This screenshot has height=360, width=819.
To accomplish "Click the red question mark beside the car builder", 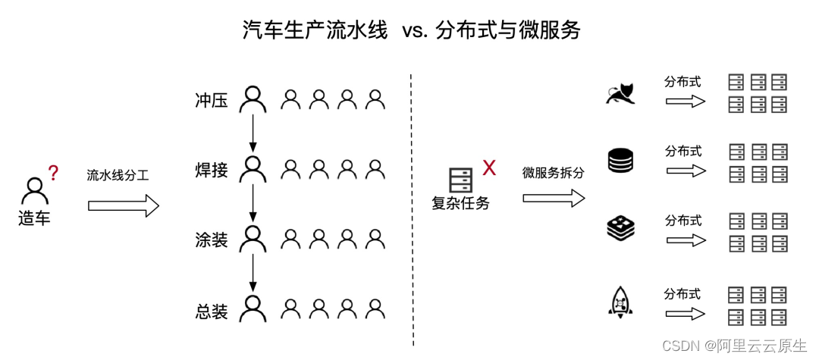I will coord(53,174).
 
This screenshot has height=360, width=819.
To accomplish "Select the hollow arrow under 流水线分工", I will coord(123,205).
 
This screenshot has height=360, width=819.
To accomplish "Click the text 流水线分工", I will coord(118,176).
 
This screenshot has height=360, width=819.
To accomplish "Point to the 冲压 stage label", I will coord(211,101).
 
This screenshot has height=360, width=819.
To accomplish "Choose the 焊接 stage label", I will coord(211,171).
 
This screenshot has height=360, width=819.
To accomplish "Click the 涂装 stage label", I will coord(211,241).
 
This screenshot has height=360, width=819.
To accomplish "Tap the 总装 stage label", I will coord(211,311).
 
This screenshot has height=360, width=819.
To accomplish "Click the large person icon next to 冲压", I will coord(253,99).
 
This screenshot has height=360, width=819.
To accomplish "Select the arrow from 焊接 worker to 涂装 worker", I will coord(253,204).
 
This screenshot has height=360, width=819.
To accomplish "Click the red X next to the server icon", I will coord(489,168).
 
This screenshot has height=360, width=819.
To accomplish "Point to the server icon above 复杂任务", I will coord(460,180).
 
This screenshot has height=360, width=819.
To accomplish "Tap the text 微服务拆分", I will coord(554,173).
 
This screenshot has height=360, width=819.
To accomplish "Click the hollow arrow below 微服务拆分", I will coord(554,199).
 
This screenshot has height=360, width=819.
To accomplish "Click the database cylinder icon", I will coord(620,161).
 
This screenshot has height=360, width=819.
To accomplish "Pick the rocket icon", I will coord(620,301).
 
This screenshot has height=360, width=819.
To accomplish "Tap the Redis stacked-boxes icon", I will coord(620,229).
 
